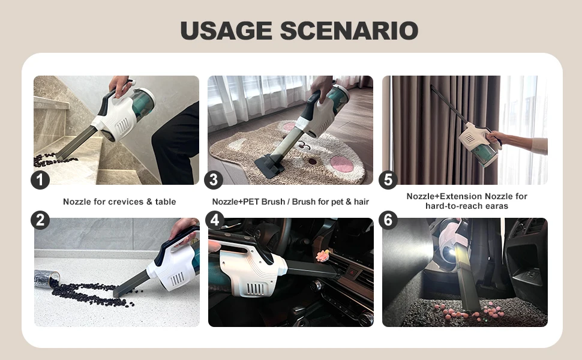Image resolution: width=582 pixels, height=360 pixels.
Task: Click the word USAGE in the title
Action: pyautogui.click(x=226, y=31)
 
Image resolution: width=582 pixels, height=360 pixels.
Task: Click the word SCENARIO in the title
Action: pyautogui.click(x=349, y=31)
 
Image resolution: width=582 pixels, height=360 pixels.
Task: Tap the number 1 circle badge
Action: pyautogui.click(x=40, y=179)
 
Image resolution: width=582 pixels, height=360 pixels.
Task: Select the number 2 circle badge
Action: pyautogui.click(x=40, y=220)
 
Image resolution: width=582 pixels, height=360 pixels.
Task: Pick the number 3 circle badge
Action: pyautogui.click(x=214, y=179)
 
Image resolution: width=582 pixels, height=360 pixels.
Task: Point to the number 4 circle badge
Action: pyautogui.click(x=215, y=220)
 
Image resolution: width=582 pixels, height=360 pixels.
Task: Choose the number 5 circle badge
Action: pyautogui.click(x=388, y=179)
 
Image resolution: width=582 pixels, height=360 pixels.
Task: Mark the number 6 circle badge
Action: pyautogui.click(x=388, y=220)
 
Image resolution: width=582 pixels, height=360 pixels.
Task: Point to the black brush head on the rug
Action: pyautogui.click(x=269, y=166)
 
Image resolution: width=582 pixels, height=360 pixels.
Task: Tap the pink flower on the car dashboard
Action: pyautogui.click(x=323, y=256)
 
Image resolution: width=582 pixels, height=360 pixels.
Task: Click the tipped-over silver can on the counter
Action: pyautogui.click(x=47, y=278)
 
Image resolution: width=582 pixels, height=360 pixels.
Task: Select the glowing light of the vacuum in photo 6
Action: pyautogui.click(x=452, y=253)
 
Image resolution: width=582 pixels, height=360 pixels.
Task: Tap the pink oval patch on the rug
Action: pyautogui.click(x=342, y=164)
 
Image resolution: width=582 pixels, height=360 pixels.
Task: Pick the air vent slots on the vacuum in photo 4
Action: pyautogui.click(x=256, y=289)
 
